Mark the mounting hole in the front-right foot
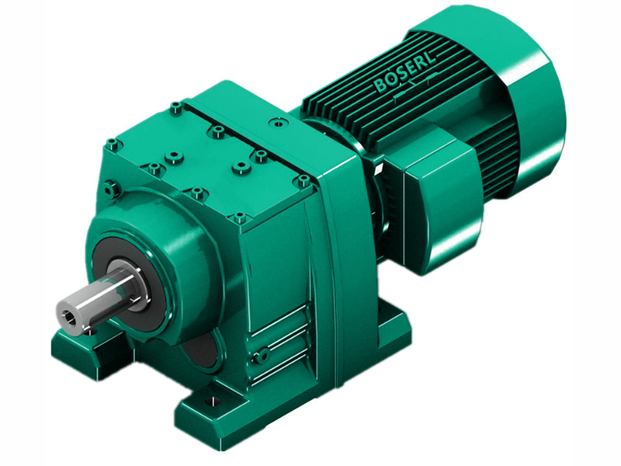click(x=207, y=403)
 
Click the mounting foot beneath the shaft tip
click(x=78, y=346)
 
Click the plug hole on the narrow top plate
click(x=275, y=121)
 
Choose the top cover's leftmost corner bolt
click(x=113, y=144)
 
